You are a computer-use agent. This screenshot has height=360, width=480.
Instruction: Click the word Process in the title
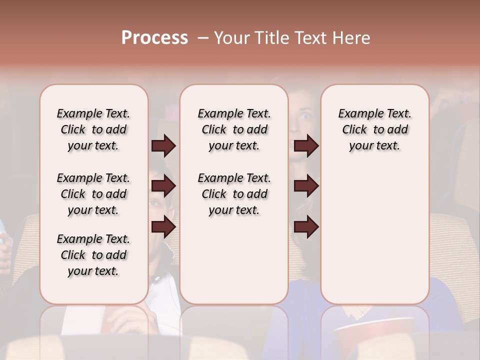154,38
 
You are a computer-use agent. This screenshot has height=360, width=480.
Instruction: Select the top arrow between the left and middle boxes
163,145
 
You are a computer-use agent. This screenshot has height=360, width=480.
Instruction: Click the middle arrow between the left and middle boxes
163,186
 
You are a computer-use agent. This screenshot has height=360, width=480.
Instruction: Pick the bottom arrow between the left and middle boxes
163,227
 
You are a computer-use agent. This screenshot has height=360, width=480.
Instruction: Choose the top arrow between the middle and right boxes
306,145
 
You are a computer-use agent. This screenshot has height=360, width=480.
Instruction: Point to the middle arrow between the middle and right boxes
306,186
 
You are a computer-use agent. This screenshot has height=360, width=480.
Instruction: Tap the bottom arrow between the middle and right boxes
306,227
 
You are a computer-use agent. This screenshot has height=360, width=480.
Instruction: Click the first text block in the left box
93,129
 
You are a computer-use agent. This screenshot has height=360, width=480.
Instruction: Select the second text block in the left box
93,194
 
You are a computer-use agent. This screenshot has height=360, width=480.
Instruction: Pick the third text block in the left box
93,255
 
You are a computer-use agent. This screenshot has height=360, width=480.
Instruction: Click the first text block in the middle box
234,129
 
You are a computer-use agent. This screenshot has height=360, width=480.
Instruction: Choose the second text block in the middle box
234,194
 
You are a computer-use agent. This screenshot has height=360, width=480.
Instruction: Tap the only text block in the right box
375,129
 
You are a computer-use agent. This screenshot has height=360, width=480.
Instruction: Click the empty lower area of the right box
375,235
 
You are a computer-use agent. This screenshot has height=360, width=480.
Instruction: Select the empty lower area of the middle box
234,265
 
